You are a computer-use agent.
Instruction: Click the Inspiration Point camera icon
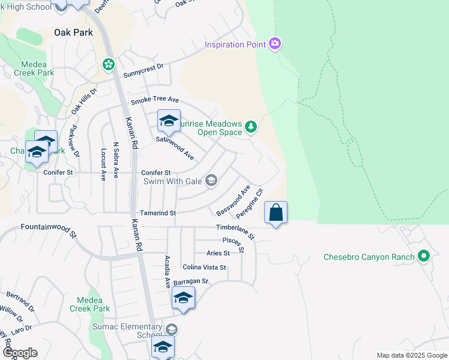(275, 43)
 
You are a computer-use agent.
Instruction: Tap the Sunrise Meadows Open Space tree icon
(251, 126)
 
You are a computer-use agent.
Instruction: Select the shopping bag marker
(276, 212)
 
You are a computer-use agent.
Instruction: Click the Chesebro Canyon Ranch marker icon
(424, 257)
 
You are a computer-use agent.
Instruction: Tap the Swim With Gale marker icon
(211, 180)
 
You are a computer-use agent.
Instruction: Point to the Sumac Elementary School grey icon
(172, 329)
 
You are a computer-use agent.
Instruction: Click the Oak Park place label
(74, 32)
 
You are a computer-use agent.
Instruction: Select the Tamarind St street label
(157, 213)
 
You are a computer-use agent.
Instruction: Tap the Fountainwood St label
(49, 229)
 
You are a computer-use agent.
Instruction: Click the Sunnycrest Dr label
(143, 71)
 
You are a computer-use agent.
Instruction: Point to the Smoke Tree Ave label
(155, 99)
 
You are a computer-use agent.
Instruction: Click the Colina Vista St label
(204, 267)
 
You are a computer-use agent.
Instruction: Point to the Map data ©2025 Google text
(411, 355)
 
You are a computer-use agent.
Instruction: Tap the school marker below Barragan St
(183, 298)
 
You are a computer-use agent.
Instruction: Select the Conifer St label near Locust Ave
(58, 172)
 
